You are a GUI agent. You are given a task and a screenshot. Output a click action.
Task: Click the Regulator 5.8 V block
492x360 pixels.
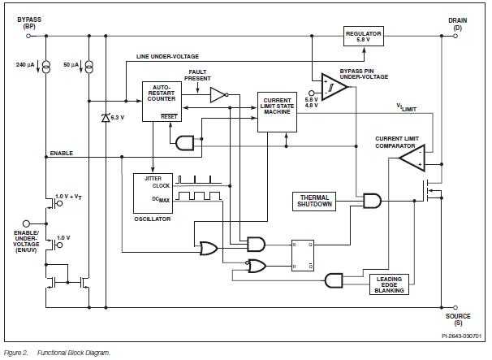(363, 37)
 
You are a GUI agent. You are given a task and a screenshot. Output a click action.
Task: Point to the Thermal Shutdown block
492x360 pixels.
(314, 201)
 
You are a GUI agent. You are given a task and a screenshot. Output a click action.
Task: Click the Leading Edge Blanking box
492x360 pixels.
(386, 284)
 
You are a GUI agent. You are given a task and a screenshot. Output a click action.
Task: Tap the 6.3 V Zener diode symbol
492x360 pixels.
(106, 118)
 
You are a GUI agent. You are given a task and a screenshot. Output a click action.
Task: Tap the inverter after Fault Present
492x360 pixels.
(217, 94)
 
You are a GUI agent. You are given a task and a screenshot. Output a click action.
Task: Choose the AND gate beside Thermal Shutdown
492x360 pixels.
(372, 201)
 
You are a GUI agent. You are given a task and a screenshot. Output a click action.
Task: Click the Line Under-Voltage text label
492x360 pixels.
(168, 56)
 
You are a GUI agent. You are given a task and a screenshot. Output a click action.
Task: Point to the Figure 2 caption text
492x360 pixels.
(57, 353)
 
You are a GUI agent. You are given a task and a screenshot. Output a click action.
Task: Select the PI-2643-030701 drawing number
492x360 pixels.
(461, 336)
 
